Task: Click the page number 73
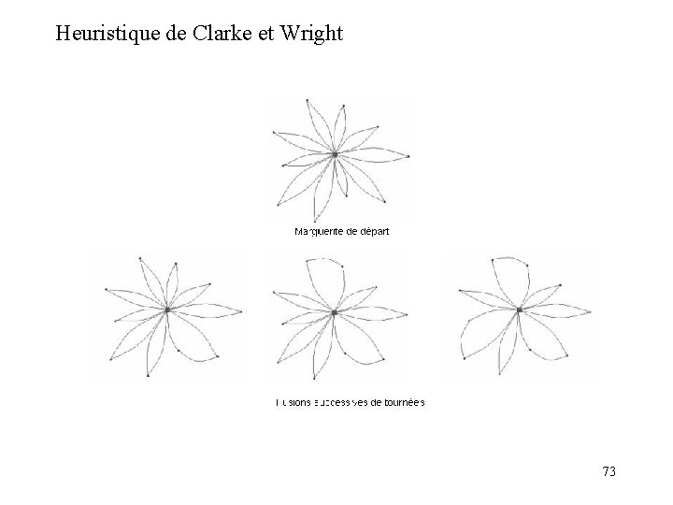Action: coord(609,470)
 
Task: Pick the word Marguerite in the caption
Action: coord(318,232)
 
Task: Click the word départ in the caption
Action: coord(372,232)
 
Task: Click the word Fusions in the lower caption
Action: coord(292,403)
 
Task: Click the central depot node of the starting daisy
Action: coord(335,154)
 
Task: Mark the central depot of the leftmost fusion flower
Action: coord(167,309)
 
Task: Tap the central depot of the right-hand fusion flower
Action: coord(519,309)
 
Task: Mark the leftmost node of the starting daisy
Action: coord(273,133)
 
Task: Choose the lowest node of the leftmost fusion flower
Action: coord(148,376)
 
